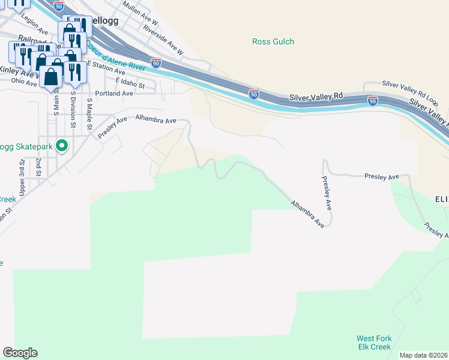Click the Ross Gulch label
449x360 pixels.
point(273,41)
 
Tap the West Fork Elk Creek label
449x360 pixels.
point(373,343)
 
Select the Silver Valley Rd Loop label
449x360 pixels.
point(411,90)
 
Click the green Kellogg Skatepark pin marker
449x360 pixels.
point(61,146)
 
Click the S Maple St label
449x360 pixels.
point(89,113)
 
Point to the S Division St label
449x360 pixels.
point(73,109)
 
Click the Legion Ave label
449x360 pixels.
point(34,25)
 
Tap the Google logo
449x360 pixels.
point(20,353)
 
